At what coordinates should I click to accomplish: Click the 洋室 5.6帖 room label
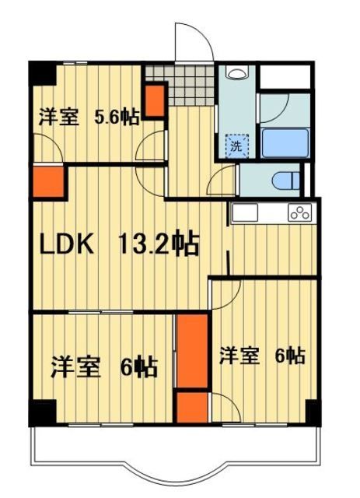coord(89,117)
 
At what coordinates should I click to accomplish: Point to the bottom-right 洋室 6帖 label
coord(260,356)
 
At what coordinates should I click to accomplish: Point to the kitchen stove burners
coord(299,212)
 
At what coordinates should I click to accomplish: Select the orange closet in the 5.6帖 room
coord(156,99)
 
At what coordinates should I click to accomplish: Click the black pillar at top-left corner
coord(41,72)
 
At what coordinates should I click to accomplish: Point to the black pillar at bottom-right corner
coord(313,412)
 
